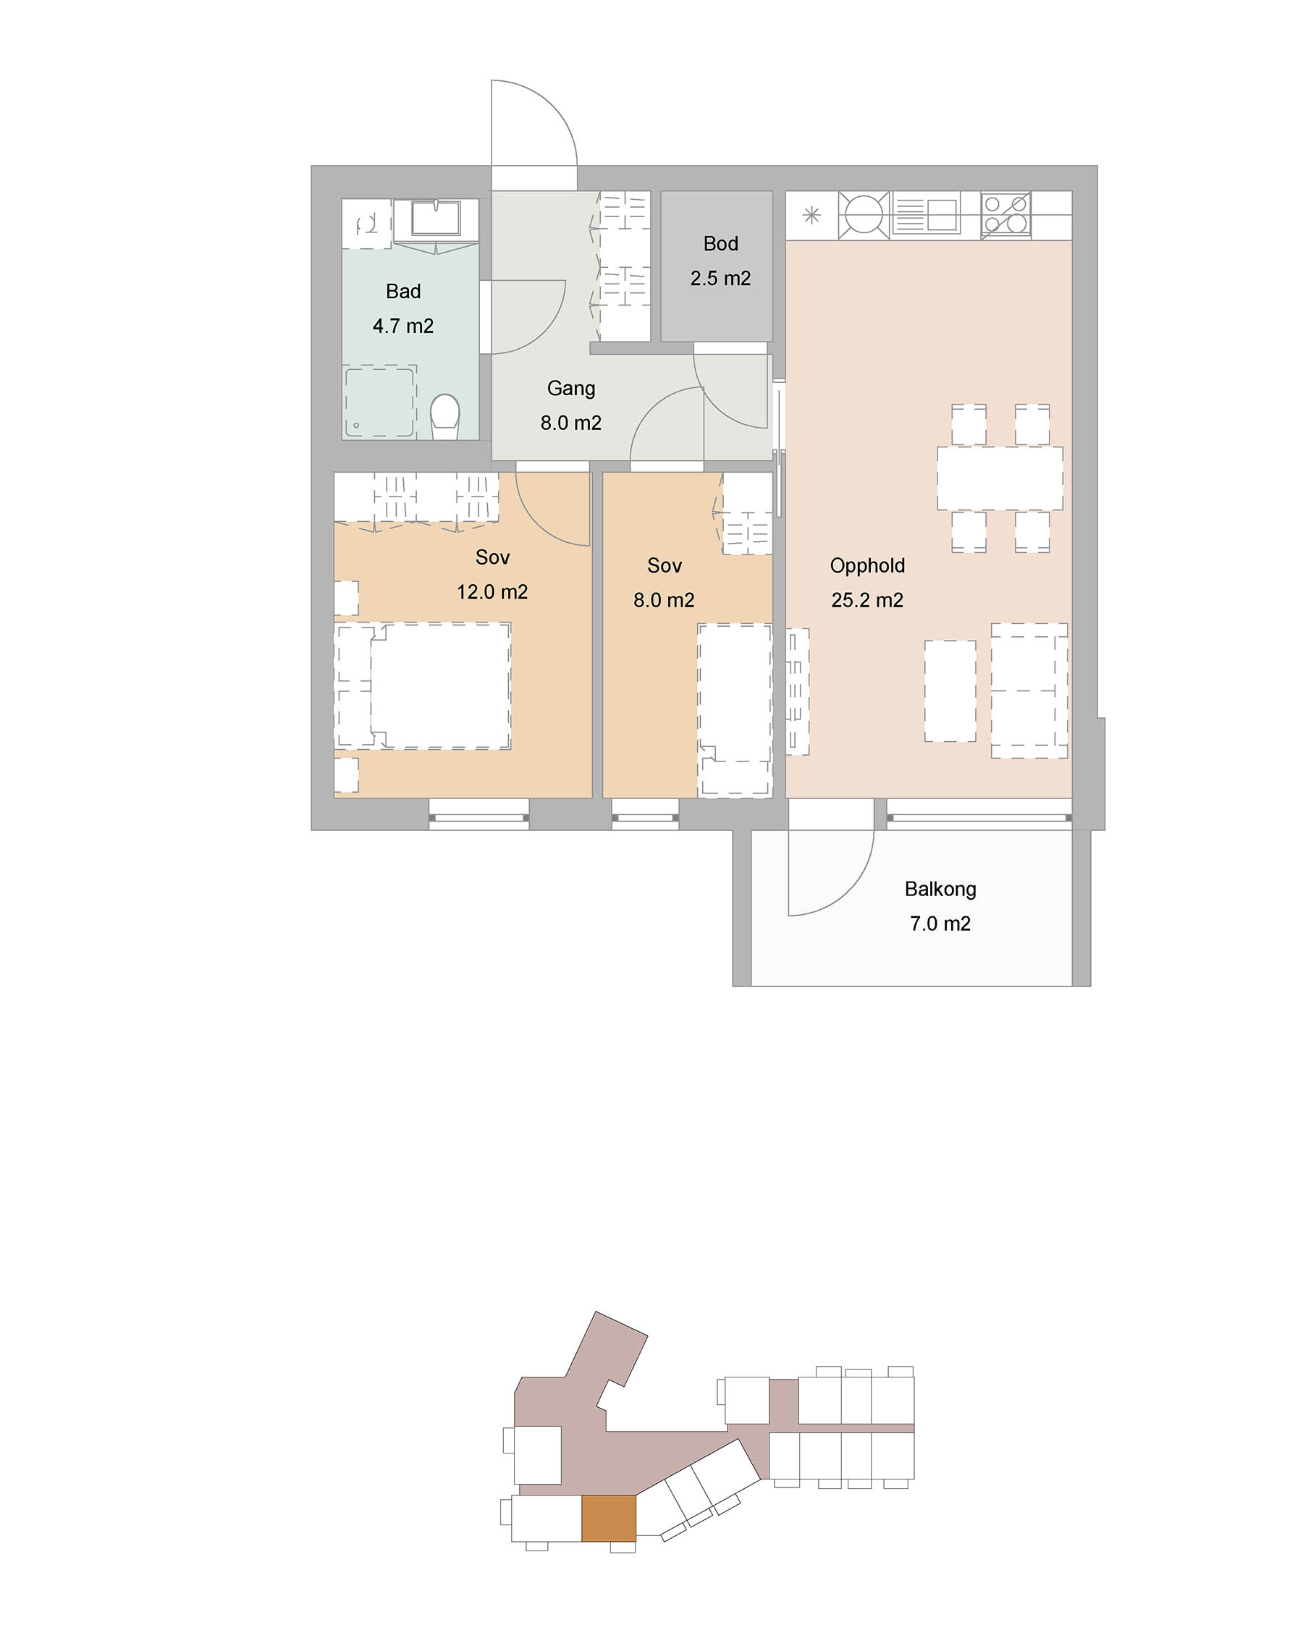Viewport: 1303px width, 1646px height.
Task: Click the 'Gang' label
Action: point(571,389)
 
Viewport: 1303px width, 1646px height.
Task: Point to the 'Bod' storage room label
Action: point(721,243)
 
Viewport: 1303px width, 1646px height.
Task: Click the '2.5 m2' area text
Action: point(721,279)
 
